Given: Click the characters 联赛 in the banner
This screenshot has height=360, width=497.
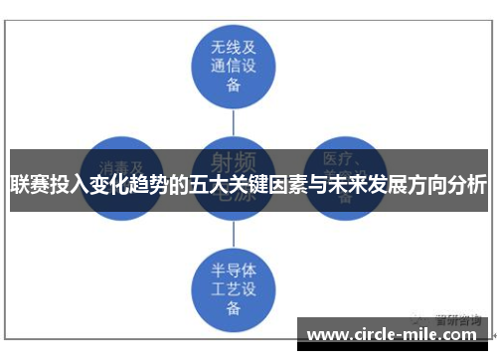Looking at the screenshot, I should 29,184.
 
